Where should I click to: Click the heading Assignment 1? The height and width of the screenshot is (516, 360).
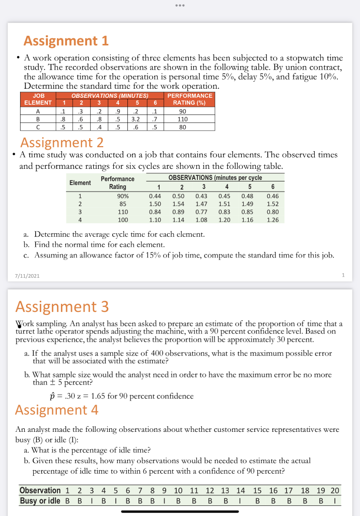pos(66,40)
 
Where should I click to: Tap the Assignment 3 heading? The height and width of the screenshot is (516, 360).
pos(62,306)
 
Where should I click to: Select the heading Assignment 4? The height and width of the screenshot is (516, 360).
pos(57,410)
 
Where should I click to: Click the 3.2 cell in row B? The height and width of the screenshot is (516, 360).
pos(135,120)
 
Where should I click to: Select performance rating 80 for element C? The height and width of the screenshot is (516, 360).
pos(183,127)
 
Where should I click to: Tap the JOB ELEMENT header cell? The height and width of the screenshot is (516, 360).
pos(38,99)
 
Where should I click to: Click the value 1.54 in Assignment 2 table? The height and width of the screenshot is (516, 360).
pos(179,204)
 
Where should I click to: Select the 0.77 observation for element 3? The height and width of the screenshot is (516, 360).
pos(201,212)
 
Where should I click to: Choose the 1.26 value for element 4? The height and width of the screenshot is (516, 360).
pos(272,220)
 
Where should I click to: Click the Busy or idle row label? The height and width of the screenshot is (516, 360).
pos(40,501)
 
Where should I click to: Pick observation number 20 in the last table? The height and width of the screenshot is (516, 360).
pos(334,491)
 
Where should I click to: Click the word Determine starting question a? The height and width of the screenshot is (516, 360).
pos(55,234)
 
